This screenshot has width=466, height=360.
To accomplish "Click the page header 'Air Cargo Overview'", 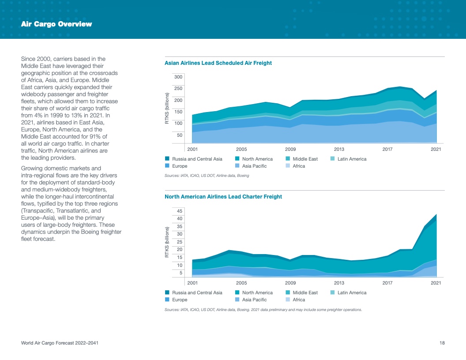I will pyautogui.click(x=56, y=24).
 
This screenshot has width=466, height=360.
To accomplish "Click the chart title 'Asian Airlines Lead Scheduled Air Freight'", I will pyautogui.click(x=218, y=63).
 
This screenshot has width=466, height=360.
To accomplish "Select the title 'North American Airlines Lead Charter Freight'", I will pyautogui.click(x=223, y=197).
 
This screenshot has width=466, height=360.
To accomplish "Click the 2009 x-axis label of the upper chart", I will pyautogui.click(x=290, y=149).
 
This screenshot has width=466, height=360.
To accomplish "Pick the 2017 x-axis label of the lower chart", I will pyautogui.click(x=387, y=283).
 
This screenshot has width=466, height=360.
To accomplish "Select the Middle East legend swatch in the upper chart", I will pyautogui.click(x=288, y=159).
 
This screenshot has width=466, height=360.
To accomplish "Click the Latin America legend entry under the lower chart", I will pyautogui.click(x=352, y=292).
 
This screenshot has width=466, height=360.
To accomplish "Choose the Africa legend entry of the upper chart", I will pyautogui.click(x=299, y=166).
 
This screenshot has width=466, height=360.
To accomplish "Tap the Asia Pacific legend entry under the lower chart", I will pyautogui.click(x=254, y=300).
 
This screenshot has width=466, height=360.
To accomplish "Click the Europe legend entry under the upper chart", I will pyautogui.click(x=180, y=166).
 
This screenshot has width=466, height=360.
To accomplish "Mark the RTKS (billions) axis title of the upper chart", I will pyautogui.click(x=167, y=108).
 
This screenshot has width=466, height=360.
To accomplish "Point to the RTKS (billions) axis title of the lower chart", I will pyautogui.click(x=167, y=242).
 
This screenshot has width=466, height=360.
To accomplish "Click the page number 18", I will pyautogui.click(x=442, y=343).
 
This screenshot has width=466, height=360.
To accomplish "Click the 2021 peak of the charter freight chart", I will pyautogui.click(x=436, y=215).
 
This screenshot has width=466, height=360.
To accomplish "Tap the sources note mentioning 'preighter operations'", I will pyautogui.click(x=263, y=309).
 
